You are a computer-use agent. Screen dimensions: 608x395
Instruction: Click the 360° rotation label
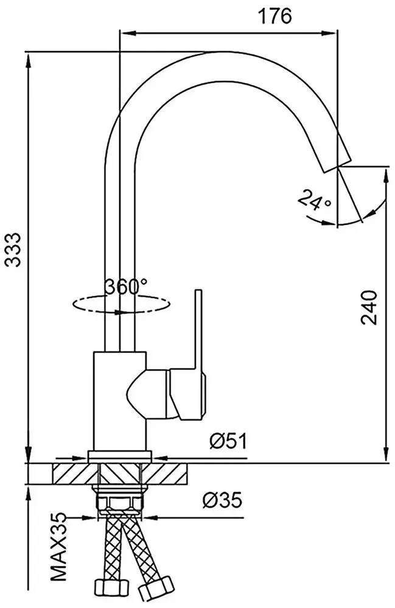pyautogui.click(x=125, y=286)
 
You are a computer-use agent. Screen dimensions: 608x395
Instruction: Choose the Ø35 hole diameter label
pyautogui.click(x=222, y=500)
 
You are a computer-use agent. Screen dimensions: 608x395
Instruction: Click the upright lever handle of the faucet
pyautogui.click(x=198, y=328)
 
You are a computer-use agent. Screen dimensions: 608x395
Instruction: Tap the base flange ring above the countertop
pyautogui.click(x=120, y=455)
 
